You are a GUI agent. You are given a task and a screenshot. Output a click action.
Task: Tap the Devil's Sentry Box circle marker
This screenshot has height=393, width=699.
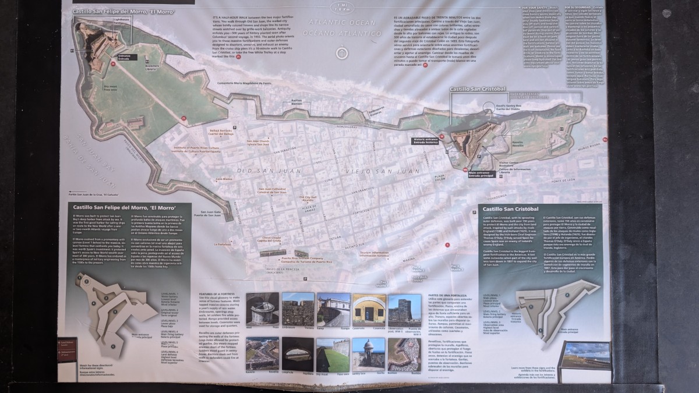pyautogui.click(x=492, y=109)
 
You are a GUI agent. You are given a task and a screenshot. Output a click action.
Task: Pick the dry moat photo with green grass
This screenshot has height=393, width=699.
pyautogui.click(x=333, y=352)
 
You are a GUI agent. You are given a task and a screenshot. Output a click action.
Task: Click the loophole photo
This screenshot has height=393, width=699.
pyautogui.click(x=298, y=352)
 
